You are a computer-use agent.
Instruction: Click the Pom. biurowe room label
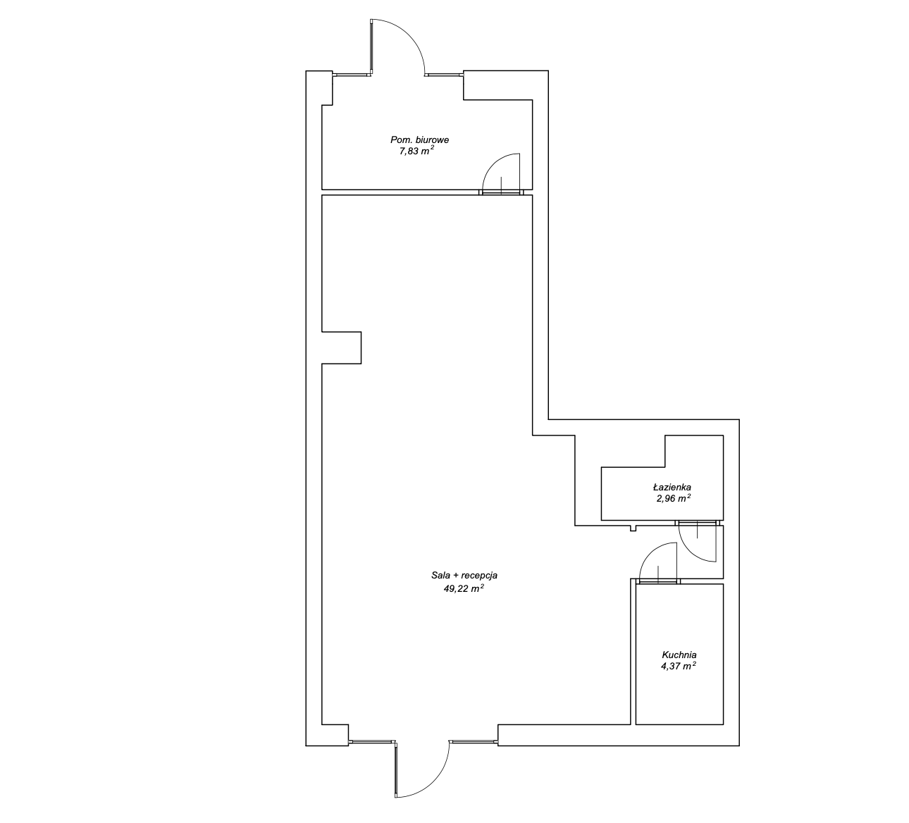419,140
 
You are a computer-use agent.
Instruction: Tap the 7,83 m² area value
416,151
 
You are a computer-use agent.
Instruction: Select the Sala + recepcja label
464,576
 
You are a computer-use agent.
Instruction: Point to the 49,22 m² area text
464,588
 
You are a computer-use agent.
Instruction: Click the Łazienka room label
672,488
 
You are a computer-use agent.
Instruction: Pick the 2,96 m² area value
674,498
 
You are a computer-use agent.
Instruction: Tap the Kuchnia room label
679,655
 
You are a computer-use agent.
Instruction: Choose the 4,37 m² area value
679,666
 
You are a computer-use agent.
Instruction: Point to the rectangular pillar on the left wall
342,347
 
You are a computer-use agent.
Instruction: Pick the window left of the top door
352,73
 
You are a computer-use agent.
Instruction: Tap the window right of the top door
444,73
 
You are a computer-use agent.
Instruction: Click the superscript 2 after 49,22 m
482,586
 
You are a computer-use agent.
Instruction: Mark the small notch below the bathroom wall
633,528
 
